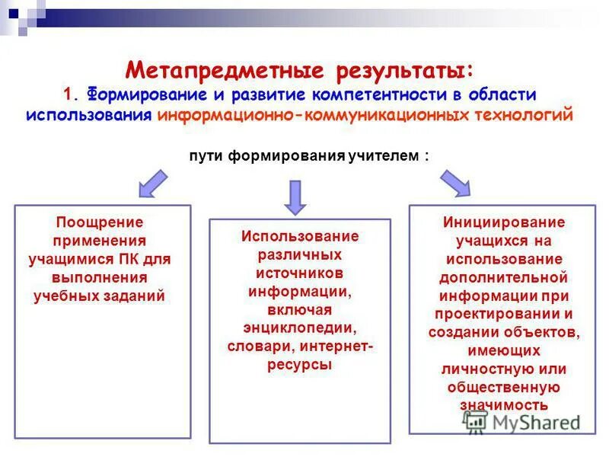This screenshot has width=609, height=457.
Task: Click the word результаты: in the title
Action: click(x=406, y=72)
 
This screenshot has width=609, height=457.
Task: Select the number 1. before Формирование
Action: click(x=72, y=94)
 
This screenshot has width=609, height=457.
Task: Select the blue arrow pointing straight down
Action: click(x=295, y=197)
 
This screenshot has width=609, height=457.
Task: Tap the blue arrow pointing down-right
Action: click(x=454, y=184)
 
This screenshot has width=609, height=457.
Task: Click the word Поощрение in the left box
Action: click(x=100, y=222)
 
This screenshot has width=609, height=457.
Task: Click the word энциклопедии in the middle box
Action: click(x=300, y=328)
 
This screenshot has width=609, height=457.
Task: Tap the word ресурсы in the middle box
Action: click(x=299, y=364)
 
